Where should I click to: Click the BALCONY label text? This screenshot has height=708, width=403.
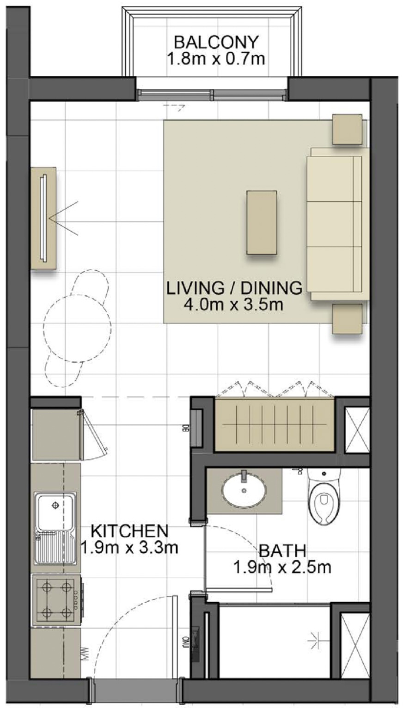tap(216, 42)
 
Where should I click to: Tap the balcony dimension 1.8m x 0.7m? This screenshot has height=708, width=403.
tap(216, 59)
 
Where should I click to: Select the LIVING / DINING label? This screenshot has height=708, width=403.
tap(234, 287)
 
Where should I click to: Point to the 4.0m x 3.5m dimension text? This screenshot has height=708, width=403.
tap(233, 304)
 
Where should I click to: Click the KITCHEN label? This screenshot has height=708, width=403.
tap(129, 530)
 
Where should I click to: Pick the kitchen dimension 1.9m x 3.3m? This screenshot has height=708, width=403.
tap(129, 547)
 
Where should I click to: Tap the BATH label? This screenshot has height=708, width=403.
tap(282, 550)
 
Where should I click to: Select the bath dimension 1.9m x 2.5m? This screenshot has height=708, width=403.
tap(282, 567)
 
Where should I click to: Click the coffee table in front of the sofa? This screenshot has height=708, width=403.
tap(262, 222)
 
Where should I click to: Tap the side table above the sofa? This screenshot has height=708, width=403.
tap(348, 129)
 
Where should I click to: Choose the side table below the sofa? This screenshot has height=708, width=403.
tap(347, 318)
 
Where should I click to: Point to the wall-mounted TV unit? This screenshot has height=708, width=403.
tap(43, 218)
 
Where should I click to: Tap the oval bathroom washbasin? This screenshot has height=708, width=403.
tap(244, 490)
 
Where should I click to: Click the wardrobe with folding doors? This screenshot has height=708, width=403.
tap(274, 424)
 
